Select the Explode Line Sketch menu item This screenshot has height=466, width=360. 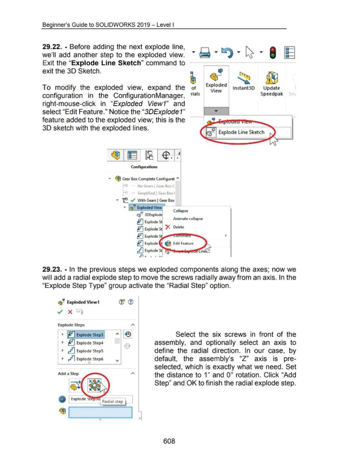(x=234, y=133)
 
